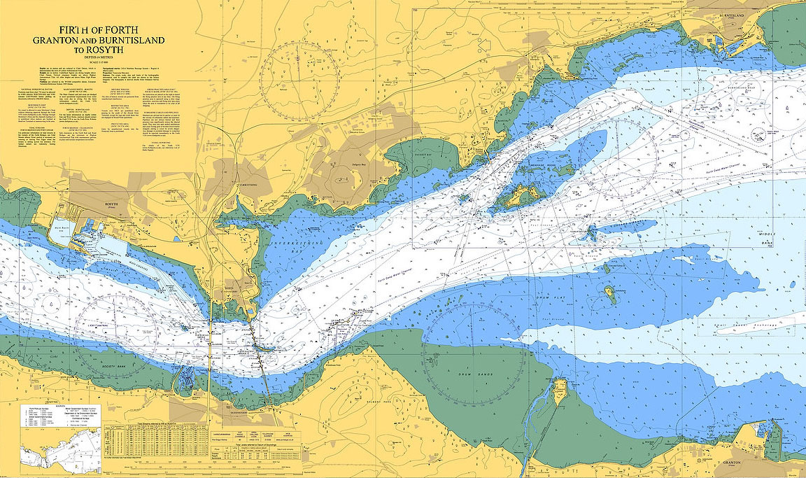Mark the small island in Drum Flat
coord(610,295)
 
